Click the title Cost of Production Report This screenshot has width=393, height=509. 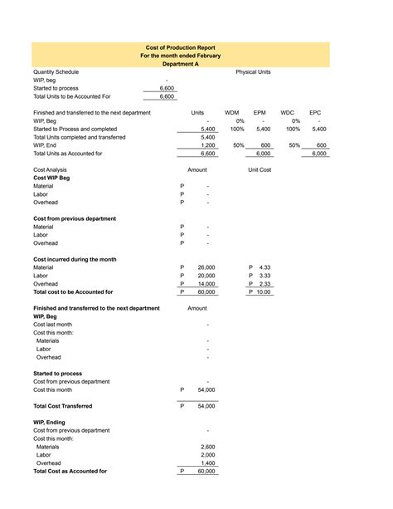click(179, 48)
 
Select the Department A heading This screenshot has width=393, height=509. click(179, 64)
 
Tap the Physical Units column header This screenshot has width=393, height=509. click(253, 72)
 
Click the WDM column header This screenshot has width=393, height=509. click(232, 112)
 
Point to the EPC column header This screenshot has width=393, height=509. click(315, 112)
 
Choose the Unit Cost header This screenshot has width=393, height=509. click(260, 169)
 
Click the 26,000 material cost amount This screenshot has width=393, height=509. click(206, 267)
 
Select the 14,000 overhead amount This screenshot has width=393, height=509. click(206, 284)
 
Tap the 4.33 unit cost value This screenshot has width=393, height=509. click(264, 267)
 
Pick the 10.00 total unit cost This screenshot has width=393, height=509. click(263, 292)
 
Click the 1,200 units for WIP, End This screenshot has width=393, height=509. click(207, 145)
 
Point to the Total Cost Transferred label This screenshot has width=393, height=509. click(62, 406)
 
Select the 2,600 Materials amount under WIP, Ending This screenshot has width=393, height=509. click(207, 447)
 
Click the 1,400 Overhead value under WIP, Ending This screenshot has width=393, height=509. click(207, 463)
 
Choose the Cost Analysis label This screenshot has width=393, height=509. click(49, 169)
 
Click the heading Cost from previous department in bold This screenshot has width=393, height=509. click(75, 218)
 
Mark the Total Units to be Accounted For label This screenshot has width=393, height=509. click(71, 96)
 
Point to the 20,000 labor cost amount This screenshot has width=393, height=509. click(206, 276)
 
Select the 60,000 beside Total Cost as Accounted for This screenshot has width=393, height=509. click(206, 472)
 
